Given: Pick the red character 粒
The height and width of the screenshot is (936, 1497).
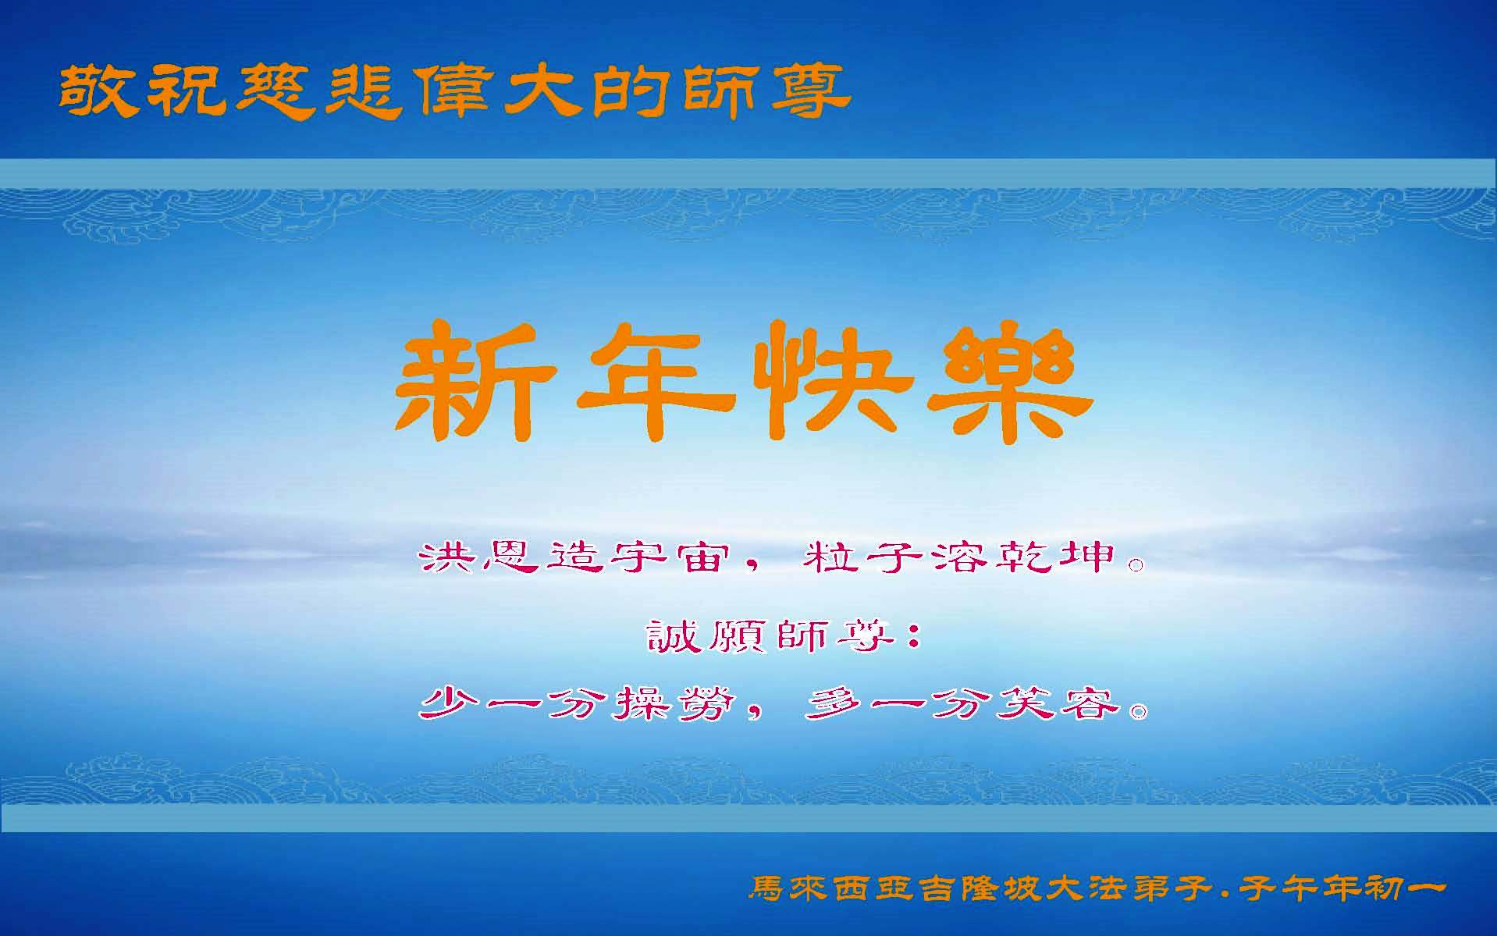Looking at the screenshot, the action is point(829,557).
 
